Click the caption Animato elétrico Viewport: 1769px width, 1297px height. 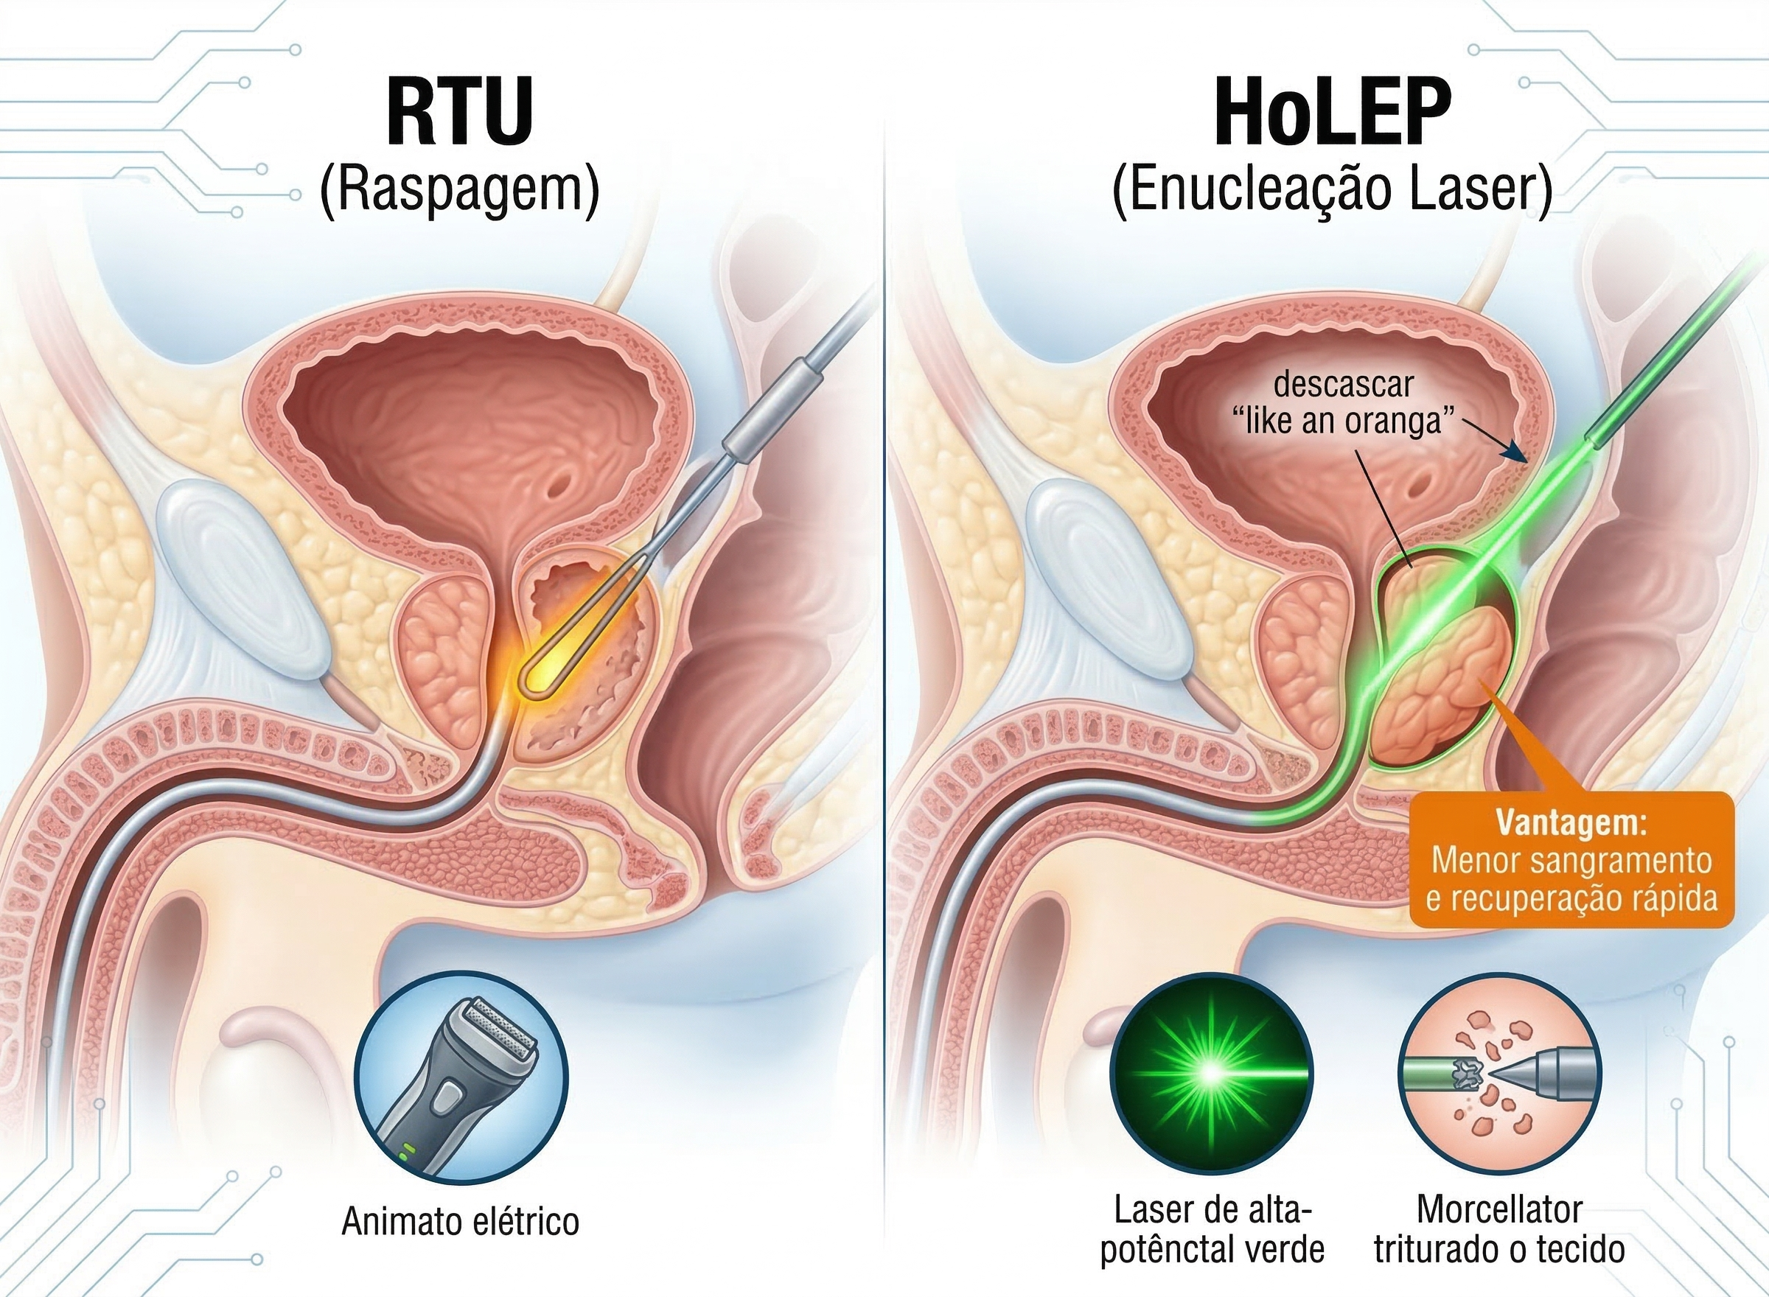pos(460,1222)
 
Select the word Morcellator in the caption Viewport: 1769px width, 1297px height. pos(1498,1210)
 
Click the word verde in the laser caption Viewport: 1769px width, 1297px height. pos(1288,1249)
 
